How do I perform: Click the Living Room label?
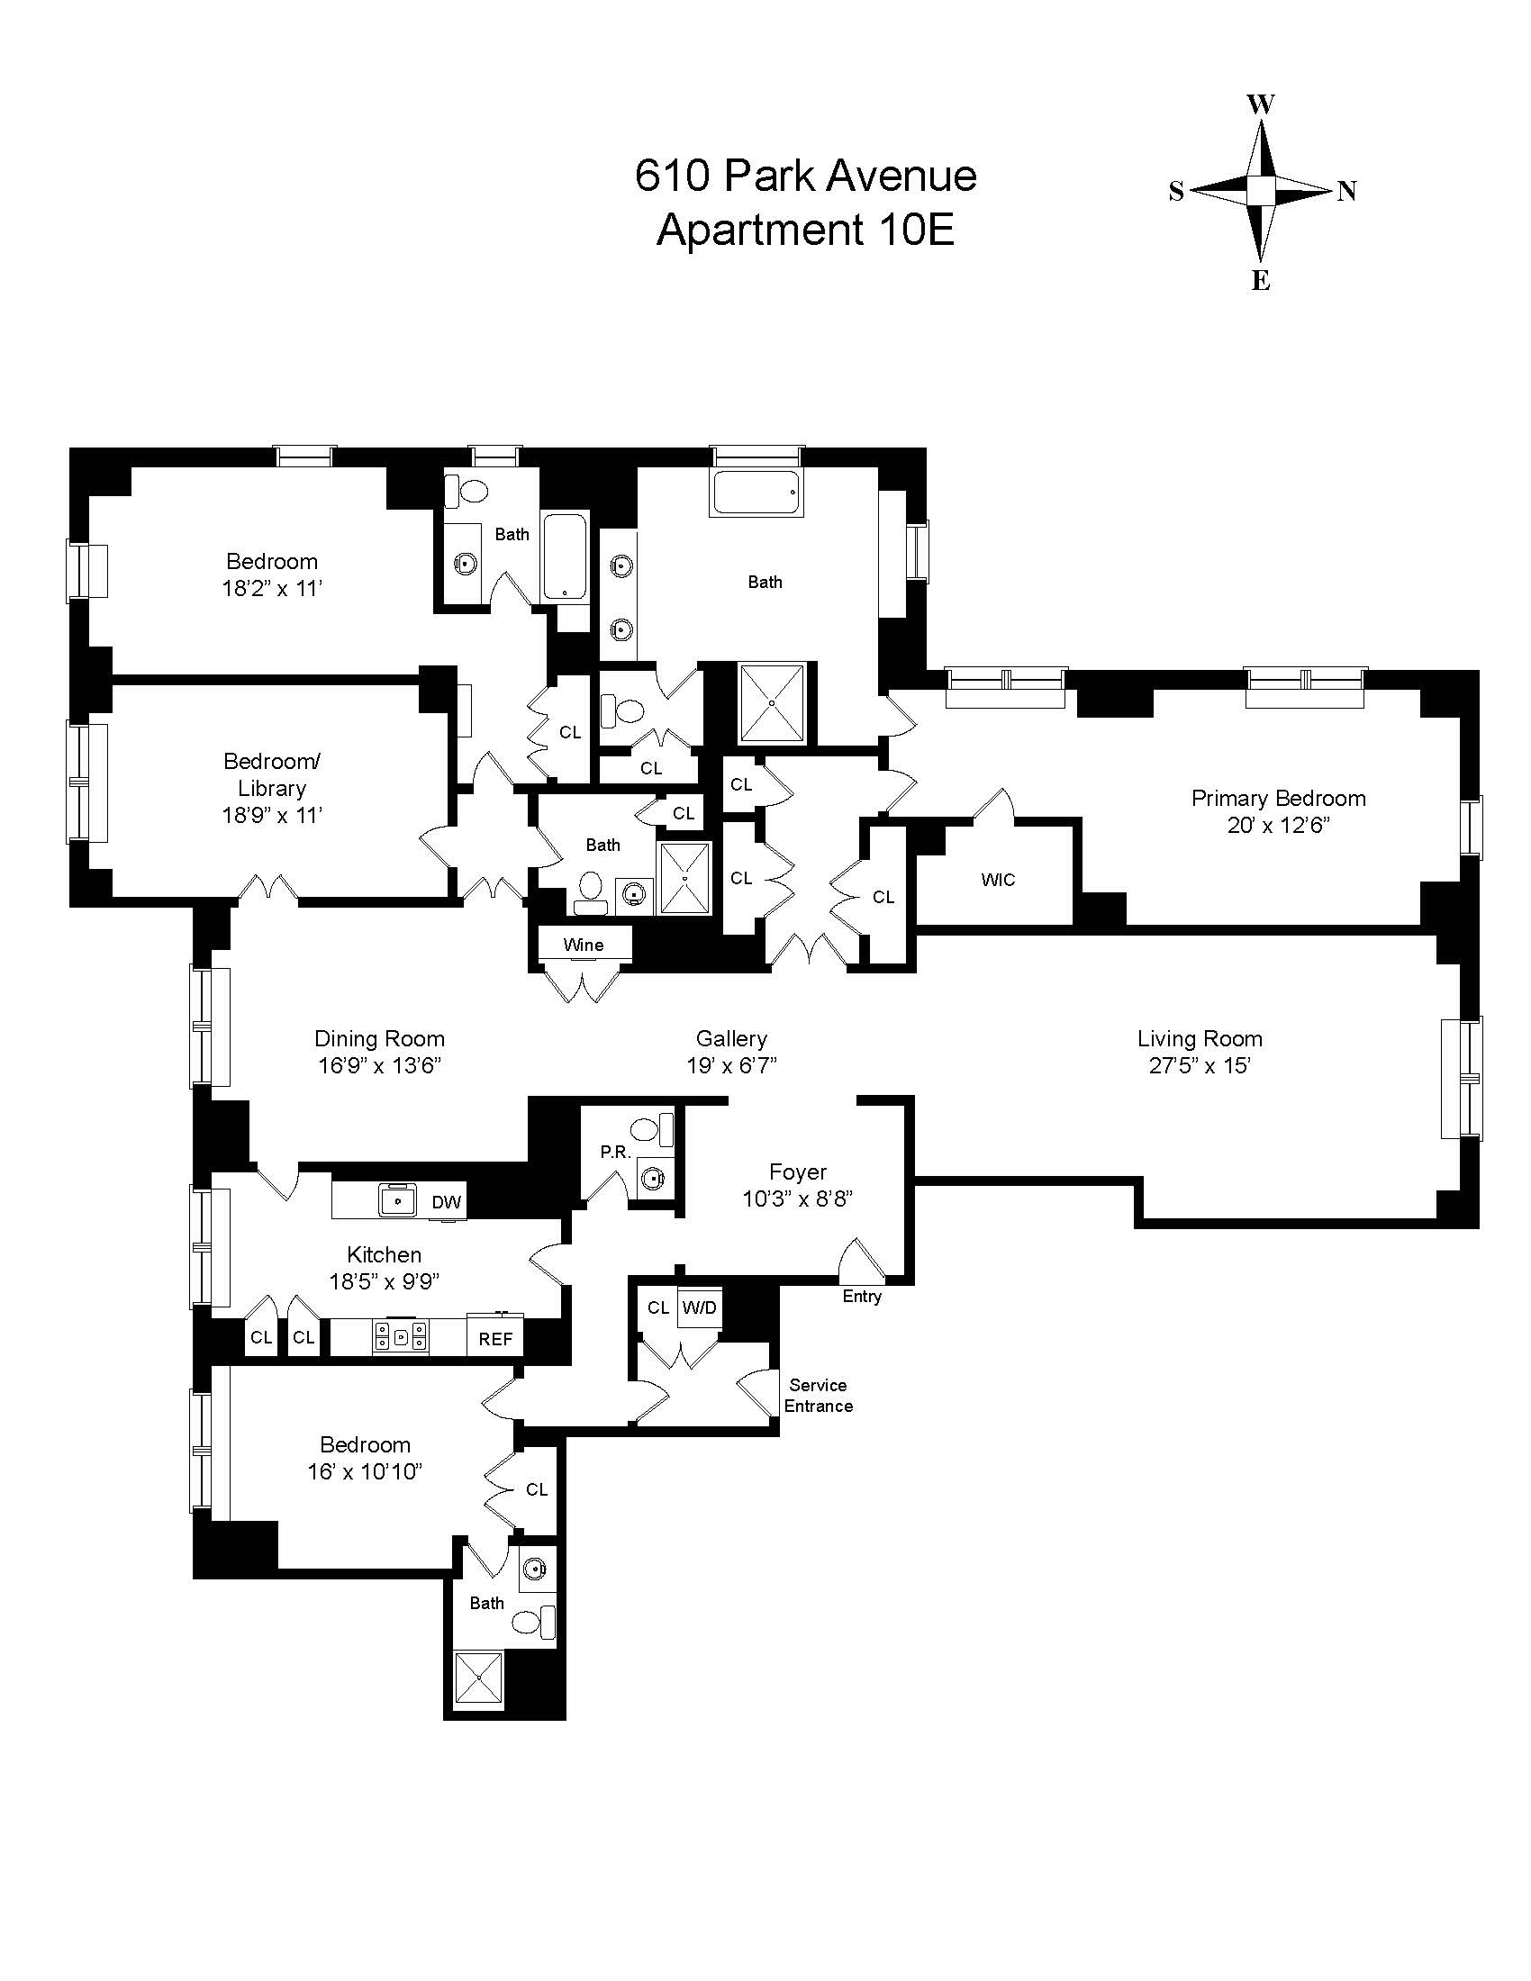coord(1199,1038)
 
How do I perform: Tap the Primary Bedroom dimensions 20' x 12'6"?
coord(1278,826)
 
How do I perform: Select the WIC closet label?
coord(997,880)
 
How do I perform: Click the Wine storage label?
coord(583,945)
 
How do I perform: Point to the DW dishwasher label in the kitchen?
coord(446,1203)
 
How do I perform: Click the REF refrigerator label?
coord(495,1339)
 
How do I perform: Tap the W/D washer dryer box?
coord(699,1307)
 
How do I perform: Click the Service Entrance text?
coord(818,1395)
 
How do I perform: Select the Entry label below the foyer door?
coord(862,1296)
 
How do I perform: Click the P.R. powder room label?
coord(615,1152)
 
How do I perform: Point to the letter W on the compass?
coord(1261,104)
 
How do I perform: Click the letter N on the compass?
coord(1347,192)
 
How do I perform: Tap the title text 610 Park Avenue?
coord(804,175)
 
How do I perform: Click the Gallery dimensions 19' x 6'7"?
coord(731,1065)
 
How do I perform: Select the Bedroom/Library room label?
coord(271,773)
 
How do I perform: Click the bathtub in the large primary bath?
coord(757,493)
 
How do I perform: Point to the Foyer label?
coord(797,1171)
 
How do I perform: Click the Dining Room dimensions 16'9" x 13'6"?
coord(379,1065)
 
